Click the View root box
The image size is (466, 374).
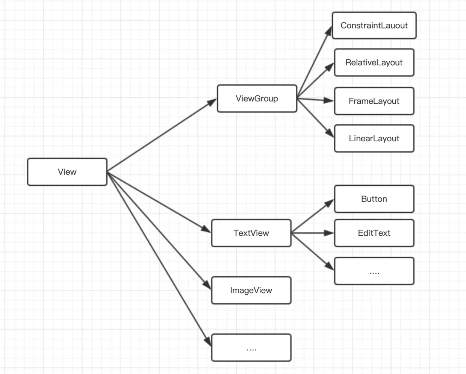[67, 172]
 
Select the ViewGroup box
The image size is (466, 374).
[257, 98]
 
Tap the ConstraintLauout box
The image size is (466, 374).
[374, 26]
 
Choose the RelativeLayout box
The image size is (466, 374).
[374, 63]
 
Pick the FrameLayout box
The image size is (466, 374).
[374, 101]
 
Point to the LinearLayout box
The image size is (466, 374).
[374, 138]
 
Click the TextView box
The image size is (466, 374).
[251, 233]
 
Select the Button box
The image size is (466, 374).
[374, 199]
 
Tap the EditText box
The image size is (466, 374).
[374, 233]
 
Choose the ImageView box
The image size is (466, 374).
[251, 290]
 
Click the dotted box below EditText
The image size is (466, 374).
[374, 271]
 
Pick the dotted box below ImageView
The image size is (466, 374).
[251, 348]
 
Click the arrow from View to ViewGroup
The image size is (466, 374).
[162, 135]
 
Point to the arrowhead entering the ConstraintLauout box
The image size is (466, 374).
[329, 31]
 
